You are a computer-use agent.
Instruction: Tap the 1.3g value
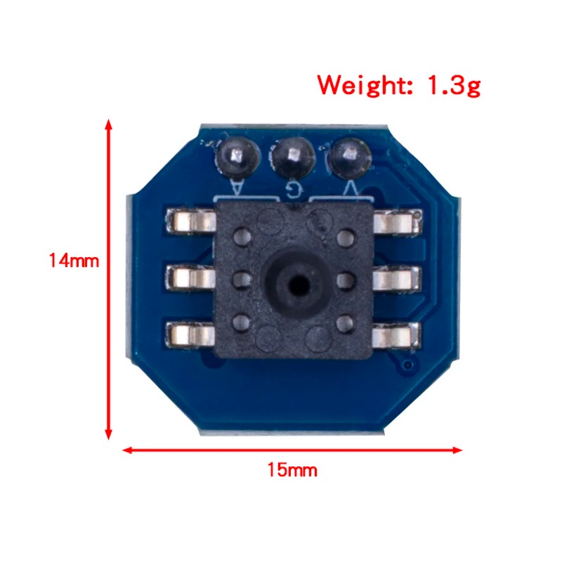452,86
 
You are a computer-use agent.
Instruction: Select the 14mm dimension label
74,261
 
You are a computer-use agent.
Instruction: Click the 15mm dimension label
292,469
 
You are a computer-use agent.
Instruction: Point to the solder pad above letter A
237,157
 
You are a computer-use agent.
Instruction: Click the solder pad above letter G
293,157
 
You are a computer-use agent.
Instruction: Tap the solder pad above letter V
349,157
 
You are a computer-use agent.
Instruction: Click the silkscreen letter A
237,188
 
